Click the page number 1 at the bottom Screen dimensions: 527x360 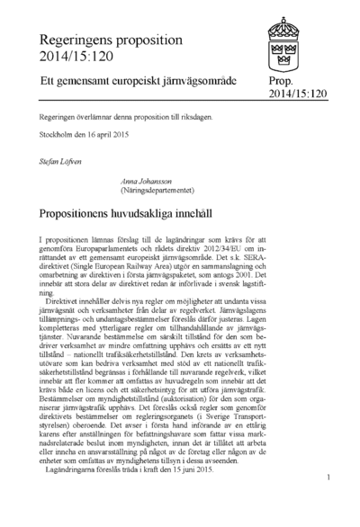(330, 478)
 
